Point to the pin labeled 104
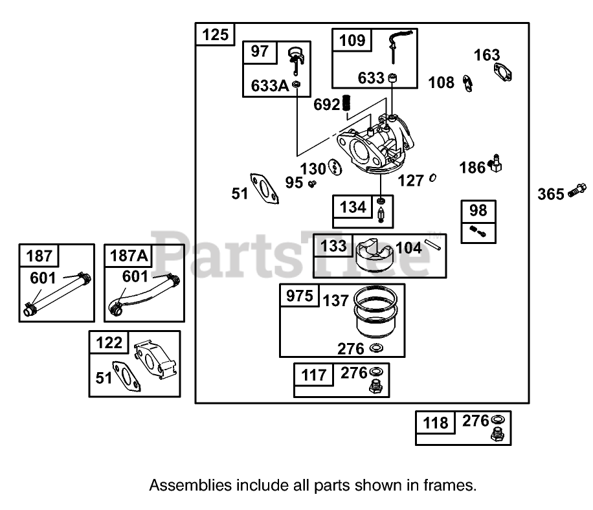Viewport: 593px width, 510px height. [433, 245]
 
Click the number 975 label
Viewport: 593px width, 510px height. [300, 296]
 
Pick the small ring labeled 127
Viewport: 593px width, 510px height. [432, 179]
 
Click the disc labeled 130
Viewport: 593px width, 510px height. [334, 168]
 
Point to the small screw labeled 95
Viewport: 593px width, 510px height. [312, 184]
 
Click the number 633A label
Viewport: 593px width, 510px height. [269, 85]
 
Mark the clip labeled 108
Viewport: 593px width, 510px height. [467, 83]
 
